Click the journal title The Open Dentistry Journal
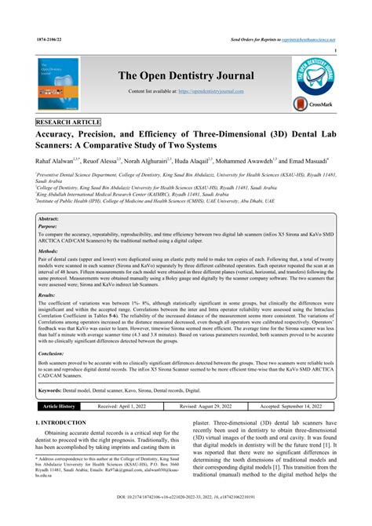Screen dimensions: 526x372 click(186, 75)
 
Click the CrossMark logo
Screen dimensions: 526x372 click(311, 104)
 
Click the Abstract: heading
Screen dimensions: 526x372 click(49, 219)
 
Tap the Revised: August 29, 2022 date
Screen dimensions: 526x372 click(207, 407)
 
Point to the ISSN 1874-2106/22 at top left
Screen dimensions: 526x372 click(50, 38)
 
